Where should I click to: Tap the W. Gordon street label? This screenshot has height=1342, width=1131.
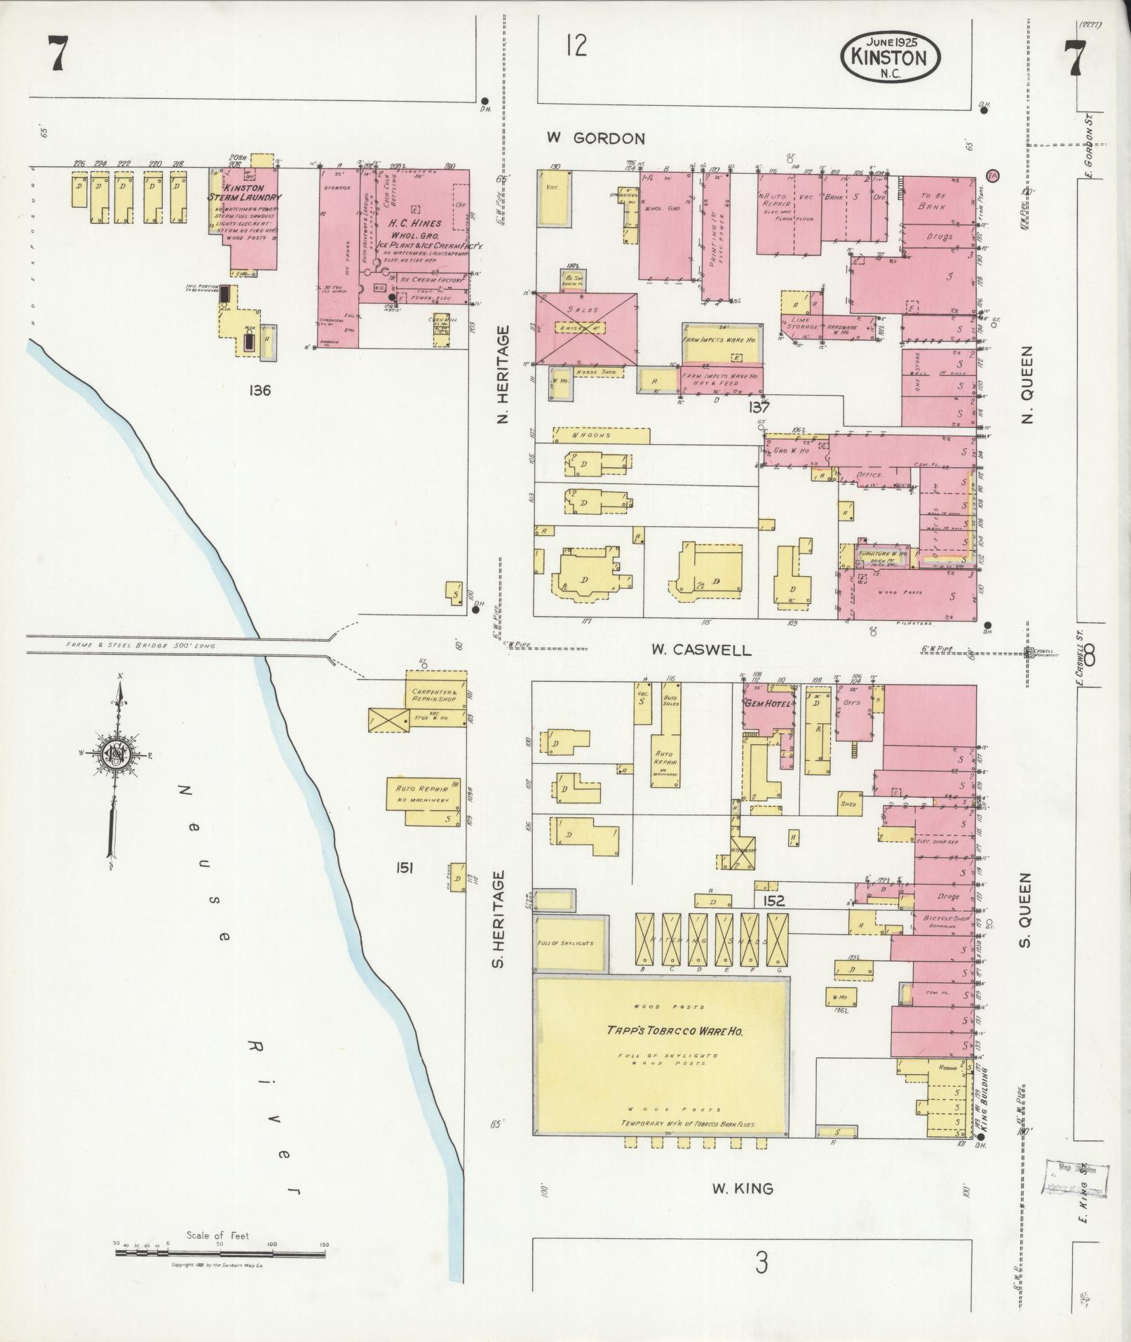click(x=595, y=138)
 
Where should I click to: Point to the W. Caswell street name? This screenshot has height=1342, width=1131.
click(x=701, y=650)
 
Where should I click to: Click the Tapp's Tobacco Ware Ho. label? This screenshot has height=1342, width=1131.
click(x=665, y=1031)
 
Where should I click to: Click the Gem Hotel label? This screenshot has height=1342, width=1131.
click(x=768, y=704)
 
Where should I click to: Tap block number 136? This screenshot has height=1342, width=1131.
click(x=259, y=390)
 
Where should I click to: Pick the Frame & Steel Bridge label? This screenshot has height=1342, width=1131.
click(x=140, y=645)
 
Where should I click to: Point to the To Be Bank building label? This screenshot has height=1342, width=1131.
click(x=935, y=201)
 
